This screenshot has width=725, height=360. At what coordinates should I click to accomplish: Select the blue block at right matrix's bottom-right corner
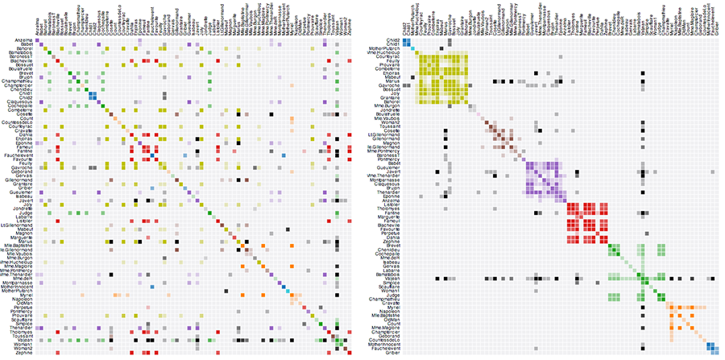pyautogui.click(x=711, y=348)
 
